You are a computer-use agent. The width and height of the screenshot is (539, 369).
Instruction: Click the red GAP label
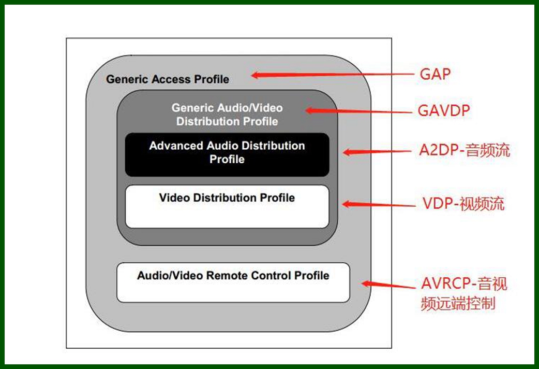click(x=435, y=74)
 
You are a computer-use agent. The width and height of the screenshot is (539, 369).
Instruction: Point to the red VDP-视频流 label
click(x=463, y=203)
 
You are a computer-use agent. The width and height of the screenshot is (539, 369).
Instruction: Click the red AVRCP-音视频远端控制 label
click(x=463, y=293)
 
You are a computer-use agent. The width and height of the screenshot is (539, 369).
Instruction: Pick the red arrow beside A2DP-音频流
click(x=378, y=152)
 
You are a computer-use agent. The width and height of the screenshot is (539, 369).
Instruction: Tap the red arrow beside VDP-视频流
click(x=378, y=204)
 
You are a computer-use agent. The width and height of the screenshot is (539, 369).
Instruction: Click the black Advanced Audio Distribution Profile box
click(x=227, y=154)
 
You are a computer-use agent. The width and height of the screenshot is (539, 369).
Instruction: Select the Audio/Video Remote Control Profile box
click(x=233, y=283)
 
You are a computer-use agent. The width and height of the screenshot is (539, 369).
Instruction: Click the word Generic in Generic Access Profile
click(x=127, y=79)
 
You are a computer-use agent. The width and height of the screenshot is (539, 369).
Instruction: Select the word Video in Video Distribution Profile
click(x=174, y=197)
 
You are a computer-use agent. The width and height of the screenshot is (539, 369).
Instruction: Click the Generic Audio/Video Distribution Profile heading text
click(x=227, y=115)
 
